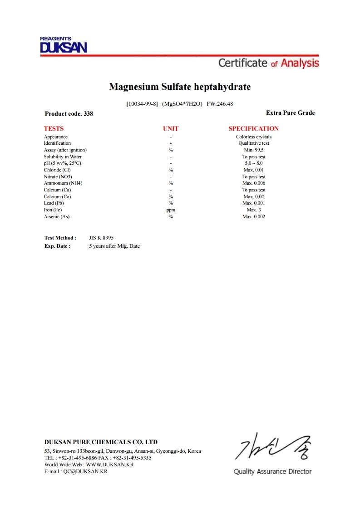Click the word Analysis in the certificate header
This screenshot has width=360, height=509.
point(300,63)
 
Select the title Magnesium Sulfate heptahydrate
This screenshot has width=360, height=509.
point(180,87)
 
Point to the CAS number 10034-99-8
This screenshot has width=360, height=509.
point(142,104)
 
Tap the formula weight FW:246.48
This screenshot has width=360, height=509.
point(220,104)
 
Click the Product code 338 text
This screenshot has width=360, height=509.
point(69,114)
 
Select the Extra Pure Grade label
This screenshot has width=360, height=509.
point(290,113)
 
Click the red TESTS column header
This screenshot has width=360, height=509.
point(54,129)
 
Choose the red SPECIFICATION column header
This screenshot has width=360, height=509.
point(253,129)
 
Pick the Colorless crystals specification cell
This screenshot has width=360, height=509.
point(253,137)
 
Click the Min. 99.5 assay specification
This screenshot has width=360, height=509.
point(253,150)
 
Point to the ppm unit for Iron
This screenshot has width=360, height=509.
point(171,210)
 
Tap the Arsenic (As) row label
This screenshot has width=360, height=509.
point(57,217)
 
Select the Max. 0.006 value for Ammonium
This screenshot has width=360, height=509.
point(253,183)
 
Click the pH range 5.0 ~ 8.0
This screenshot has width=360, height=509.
point(253,163)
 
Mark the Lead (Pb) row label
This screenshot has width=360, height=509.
point(54,203)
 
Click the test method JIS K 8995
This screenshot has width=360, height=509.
point(101,238)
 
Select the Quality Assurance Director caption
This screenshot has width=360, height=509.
point(272,472)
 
